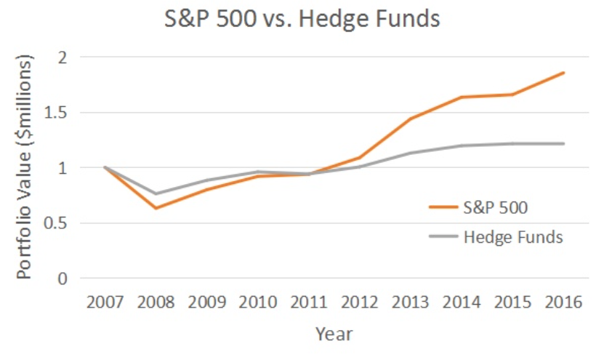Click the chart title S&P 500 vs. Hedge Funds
click(x=302, y=18)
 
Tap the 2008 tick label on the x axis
click(x=156, y=302)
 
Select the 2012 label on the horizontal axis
click(x=360, y=302)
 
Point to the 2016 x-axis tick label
click(x=563, y=302)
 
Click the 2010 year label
click(x=258, y=302)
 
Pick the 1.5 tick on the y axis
click(x=56, y=113)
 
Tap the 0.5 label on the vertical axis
click(x=56, y=223)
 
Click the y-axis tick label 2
click(x=63, y=57)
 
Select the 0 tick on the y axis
click(x=63, y=279)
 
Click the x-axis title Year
click(x=334, y=334)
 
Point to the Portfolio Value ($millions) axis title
click(x=24, y=167)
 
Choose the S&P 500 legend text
click(x=496, y=207)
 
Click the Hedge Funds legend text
click(x=513, y=236)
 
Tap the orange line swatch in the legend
click(x=443, y=207)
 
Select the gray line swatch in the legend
click(x=443, y=236)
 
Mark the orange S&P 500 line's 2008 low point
click(x=156, y=208)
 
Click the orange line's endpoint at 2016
click(x=564, y=73)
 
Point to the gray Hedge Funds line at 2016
click(x=564, y=143)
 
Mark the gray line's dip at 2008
click(x=156, y=194)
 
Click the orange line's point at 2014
click(x=462, y=97)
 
